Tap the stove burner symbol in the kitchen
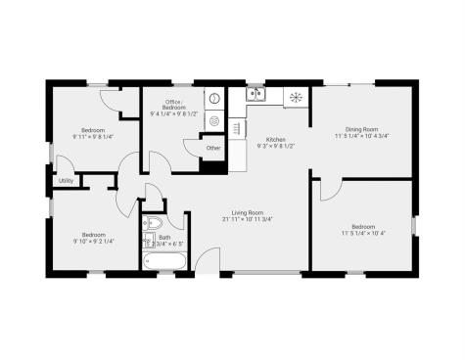pos(293,96)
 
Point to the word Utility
pos(66,181)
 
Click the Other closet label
pos(213,148)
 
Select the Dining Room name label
pos(361,128)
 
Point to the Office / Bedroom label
pos(175,105)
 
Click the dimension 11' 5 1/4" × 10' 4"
pos(363,234)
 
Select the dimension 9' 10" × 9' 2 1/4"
pos(94,241)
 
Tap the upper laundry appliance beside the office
pos(213,101)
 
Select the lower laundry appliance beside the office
pos(213,121)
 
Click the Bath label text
pos(163,237)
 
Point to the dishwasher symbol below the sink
pos(238,126)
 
